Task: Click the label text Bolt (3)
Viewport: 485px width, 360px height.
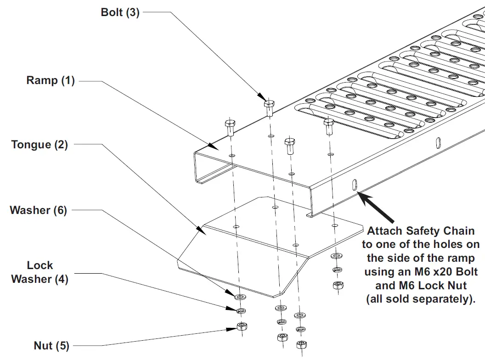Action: (x=119, y=12)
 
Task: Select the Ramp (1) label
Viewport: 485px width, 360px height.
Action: (x=50, y=81)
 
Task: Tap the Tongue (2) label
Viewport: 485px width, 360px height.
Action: (x=39, y=145)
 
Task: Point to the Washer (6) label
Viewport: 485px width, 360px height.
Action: (x=38, y=211)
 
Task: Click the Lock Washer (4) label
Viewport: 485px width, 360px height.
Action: (x=39, y=272)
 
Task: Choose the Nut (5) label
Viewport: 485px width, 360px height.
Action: (x=51, y=345)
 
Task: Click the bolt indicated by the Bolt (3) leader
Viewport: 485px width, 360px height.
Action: (x=269, y=108)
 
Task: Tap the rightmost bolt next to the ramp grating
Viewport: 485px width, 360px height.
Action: (x=328, y=126)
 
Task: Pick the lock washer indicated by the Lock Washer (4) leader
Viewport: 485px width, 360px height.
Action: (x=240, y=311)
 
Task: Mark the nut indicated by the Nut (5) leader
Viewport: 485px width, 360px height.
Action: (x=240, y=326)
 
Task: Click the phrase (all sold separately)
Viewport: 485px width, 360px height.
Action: (x=420, y=299)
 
